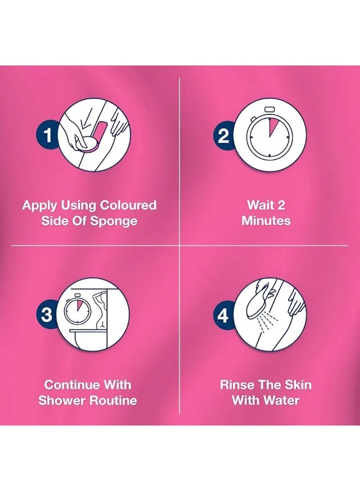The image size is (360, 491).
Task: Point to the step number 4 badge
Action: pos(224,314)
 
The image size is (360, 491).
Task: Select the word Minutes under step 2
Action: pos(266,221)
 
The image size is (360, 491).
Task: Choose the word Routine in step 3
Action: pos(112,400)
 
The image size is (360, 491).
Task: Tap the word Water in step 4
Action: pos(281,400)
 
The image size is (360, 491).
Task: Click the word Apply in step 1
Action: pos(38,206)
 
